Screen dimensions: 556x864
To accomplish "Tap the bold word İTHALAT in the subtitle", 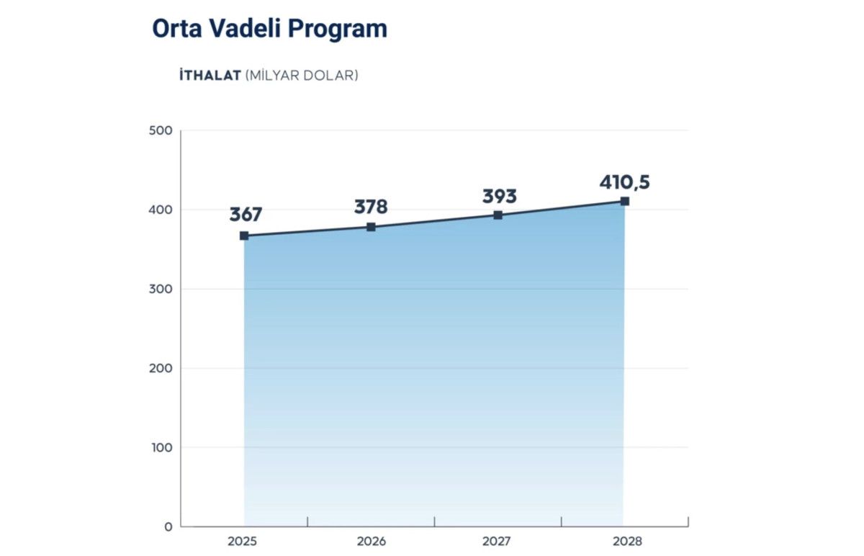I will (210, 75).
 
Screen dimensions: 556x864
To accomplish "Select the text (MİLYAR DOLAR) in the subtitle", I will (302, 75).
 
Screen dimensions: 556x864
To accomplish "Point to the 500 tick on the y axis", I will (162, 130).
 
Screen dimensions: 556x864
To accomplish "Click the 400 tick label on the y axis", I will (162, 210).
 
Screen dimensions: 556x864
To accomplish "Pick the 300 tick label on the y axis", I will (162, 289).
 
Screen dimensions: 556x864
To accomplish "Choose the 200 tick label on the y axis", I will (162, 368).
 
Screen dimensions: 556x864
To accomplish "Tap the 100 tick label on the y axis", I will (162, 447).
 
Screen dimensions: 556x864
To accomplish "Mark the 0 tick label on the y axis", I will (168, 526).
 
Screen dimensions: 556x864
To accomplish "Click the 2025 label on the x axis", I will (244, 542).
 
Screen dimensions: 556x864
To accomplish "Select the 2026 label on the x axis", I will (371, 542).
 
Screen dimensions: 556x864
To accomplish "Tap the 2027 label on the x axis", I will (498, 542).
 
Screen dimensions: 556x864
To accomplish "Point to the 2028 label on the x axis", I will (624, 542).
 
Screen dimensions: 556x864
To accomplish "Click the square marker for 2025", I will (244, 236).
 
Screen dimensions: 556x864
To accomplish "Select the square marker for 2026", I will (371, 227).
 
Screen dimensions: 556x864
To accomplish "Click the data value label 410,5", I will (624, 182).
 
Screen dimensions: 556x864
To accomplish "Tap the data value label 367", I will (246, 215).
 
